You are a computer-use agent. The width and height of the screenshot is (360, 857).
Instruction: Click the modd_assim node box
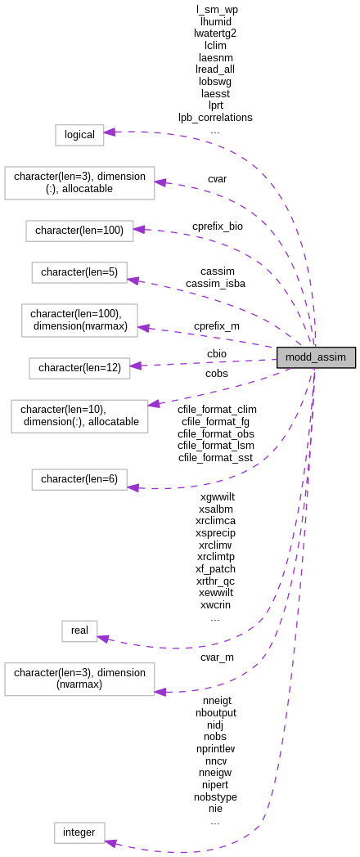[316, 357]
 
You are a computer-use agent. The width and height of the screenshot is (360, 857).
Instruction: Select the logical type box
[79, 135]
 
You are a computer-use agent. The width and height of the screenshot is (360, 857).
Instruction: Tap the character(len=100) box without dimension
[79, 231]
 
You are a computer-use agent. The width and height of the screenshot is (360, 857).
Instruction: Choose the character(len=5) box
[79, 272]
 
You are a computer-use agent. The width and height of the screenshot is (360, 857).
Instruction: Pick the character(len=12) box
[79, 368]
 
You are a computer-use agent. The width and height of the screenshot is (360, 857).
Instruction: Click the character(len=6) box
[79, 479]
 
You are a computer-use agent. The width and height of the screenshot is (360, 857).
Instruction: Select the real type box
[79, 630]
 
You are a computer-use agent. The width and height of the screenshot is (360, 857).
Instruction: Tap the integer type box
[79, 832]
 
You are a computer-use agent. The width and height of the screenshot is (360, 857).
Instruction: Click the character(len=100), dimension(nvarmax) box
[79, 321]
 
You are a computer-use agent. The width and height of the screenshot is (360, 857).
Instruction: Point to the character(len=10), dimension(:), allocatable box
[79, 415]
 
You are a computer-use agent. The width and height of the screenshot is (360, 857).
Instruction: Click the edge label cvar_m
[217, 657]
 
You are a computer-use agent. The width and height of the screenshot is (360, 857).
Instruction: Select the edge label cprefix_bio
[218, 226]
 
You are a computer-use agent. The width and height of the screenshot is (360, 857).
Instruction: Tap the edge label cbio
[217, 354]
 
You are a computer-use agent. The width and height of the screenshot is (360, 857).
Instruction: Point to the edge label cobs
[217, 374]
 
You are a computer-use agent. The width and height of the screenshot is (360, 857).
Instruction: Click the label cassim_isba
[215, 284]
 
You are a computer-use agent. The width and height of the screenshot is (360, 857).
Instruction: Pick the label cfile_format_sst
[215, 458]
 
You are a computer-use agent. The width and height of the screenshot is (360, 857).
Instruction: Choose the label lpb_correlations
[215, 118]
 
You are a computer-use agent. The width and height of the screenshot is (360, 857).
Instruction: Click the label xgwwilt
[217, 496]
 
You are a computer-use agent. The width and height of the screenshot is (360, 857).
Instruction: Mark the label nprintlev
[215, 748]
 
